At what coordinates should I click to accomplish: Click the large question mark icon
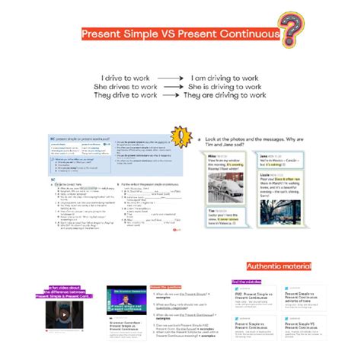point(290,29)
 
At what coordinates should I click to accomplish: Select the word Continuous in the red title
point(248,35)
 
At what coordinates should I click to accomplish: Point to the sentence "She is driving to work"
point(225,87)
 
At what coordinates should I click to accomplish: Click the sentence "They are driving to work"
point(225,96)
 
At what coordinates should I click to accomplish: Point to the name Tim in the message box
point(212,211)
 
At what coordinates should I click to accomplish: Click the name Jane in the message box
point(265,155)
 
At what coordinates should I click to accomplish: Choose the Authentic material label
point(279,266)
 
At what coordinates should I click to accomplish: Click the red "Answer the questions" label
point(166,287)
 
